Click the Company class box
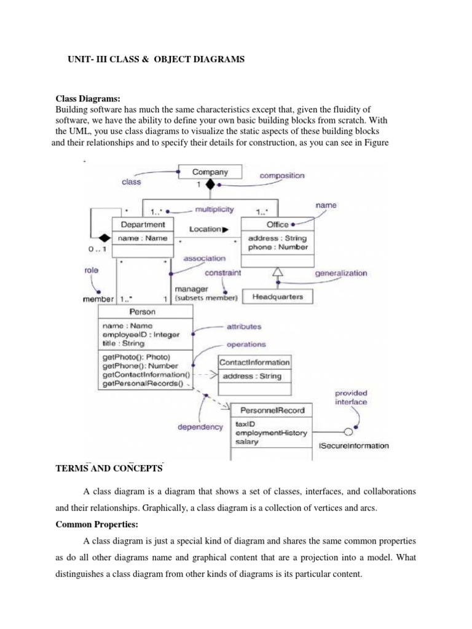point(210,172)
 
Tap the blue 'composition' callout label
point(281,176)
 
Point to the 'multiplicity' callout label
point(213,209)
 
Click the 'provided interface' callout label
point(351,397)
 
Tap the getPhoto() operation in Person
point(136,357)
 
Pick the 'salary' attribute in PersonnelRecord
point(247,442)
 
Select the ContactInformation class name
point(254,362)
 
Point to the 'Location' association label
point(205,229)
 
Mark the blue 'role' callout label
point(91,270)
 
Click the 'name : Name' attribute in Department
point(142,238)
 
